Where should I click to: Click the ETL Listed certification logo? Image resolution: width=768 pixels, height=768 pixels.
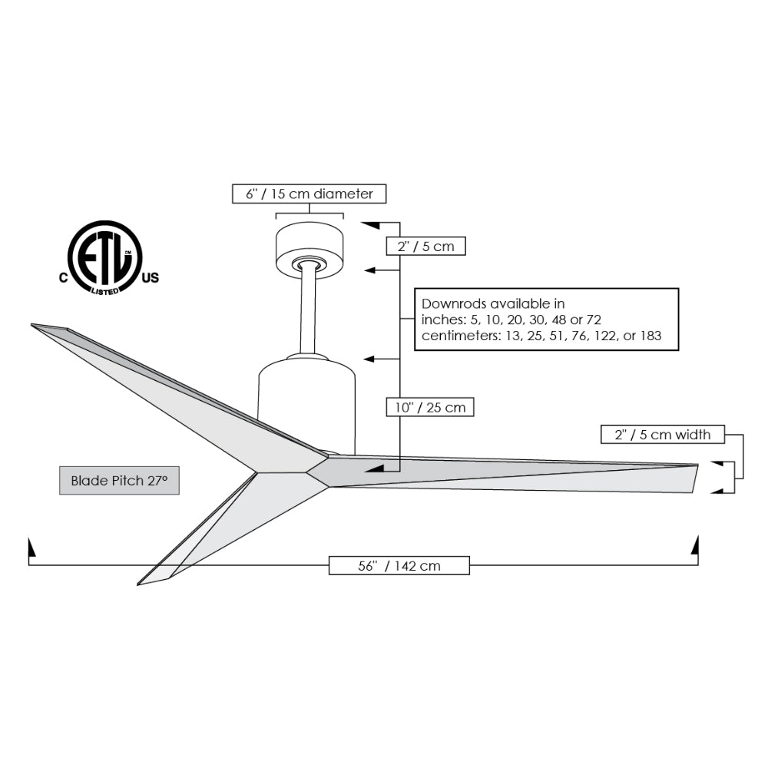tap(105, 258)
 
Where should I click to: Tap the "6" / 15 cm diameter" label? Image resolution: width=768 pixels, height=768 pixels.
tap(309, 194)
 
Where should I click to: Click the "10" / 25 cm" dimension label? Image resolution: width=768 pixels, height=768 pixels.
tap(430, 407)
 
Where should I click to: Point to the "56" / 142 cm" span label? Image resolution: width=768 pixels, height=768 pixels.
tap(399, 566)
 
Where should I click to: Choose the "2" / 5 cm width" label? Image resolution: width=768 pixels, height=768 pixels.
tap(662, 435)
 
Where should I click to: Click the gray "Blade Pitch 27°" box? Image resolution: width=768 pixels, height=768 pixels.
tap(119, 481)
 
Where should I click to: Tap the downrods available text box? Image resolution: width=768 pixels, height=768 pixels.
tap(546, 319)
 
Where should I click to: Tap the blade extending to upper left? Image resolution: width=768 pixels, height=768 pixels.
tap(169, 392)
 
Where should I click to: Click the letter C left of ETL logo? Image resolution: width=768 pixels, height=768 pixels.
tap(64, 279)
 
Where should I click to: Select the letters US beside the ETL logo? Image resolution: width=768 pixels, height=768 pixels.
tap(150, 279)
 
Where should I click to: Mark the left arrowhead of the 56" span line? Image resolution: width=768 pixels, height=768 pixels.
tap(31, 548)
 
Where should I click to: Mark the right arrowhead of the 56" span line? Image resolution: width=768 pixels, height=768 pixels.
tap(696, 546)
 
